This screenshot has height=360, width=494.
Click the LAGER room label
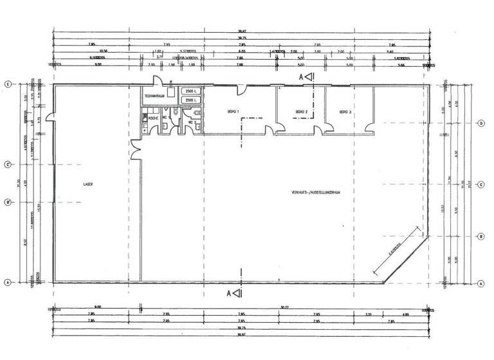(88, 184)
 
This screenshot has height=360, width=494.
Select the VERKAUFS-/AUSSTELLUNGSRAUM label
(315, 193)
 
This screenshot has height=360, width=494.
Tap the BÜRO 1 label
(233, 112)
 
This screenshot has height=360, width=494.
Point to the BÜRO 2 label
(302, 112)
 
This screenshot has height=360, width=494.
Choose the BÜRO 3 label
(346, 112)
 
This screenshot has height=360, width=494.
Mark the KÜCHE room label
(153, 118)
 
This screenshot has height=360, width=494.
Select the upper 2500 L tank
(191, 92)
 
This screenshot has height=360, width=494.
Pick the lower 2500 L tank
(191, 101)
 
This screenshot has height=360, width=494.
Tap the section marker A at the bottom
(233, 294)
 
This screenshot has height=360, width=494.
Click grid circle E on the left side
(8, 84)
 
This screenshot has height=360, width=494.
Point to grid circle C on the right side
(480, 182)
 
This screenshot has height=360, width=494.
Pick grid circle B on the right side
(480, 237)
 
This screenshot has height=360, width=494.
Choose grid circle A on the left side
(8, 282)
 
